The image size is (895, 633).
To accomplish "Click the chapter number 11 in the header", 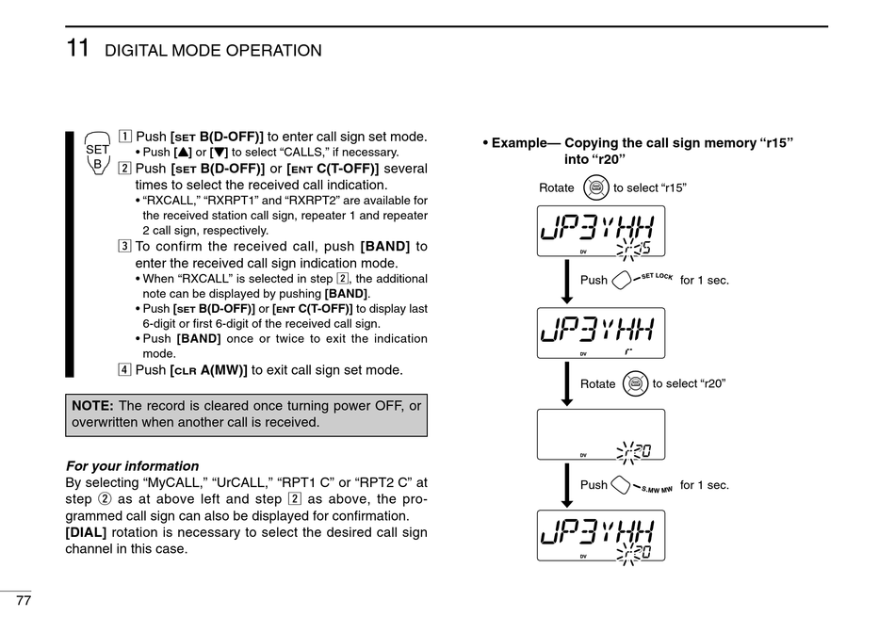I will (x=77, y=48).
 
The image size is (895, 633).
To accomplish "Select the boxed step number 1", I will (x=125, y=136).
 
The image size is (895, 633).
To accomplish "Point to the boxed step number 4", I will (x=125, y=368).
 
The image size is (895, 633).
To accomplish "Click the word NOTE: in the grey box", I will (x=92, y=405).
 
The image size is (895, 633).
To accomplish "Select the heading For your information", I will (x=132, y=465).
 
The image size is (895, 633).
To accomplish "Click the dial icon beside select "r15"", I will (x=595, y=187).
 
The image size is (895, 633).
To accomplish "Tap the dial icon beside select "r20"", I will (x=635, y=383).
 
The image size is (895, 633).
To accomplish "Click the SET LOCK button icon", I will (x=622, y=280).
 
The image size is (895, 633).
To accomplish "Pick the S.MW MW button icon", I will (x=621, y=485).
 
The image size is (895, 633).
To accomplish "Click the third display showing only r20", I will (x=600, y=434).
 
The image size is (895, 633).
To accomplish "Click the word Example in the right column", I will (x=518, y=143).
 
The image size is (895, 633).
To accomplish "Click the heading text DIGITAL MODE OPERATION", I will (x=213, y=51).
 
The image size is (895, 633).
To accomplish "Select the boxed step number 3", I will (x=125, y=247).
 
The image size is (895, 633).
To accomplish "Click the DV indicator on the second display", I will (x=583, y=353).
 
